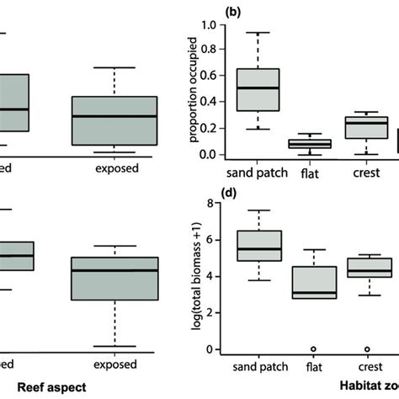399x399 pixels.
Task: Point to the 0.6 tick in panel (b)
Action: [215, 76]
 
